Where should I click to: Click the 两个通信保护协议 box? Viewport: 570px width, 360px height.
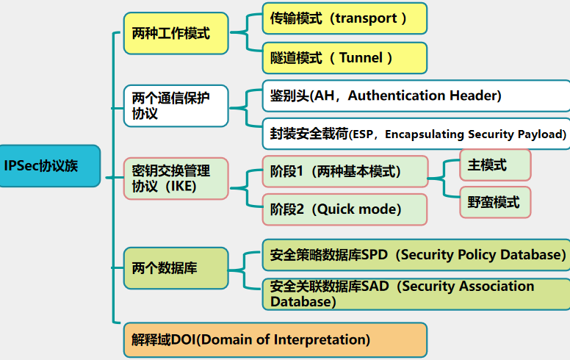pos(176,106)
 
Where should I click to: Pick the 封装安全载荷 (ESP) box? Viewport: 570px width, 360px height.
pos(416,134)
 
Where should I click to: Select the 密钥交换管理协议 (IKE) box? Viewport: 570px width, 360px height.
pos(176,179)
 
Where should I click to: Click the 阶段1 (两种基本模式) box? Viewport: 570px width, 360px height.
pos(344,171)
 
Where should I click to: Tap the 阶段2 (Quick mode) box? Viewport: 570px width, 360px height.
pos(344,209)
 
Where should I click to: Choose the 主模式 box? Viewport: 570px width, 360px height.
pos(494,165)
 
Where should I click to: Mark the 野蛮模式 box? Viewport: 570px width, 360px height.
pos(494,201)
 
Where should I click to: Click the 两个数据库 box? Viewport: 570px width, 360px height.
pos(176,268)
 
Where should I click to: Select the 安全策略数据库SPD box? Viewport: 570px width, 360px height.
pos(416,255)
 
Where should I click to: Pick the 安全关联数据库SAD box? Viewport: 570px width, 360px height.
pos(416,294)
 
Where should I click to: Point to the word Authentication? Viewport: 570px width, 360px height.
pos(406,96)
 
